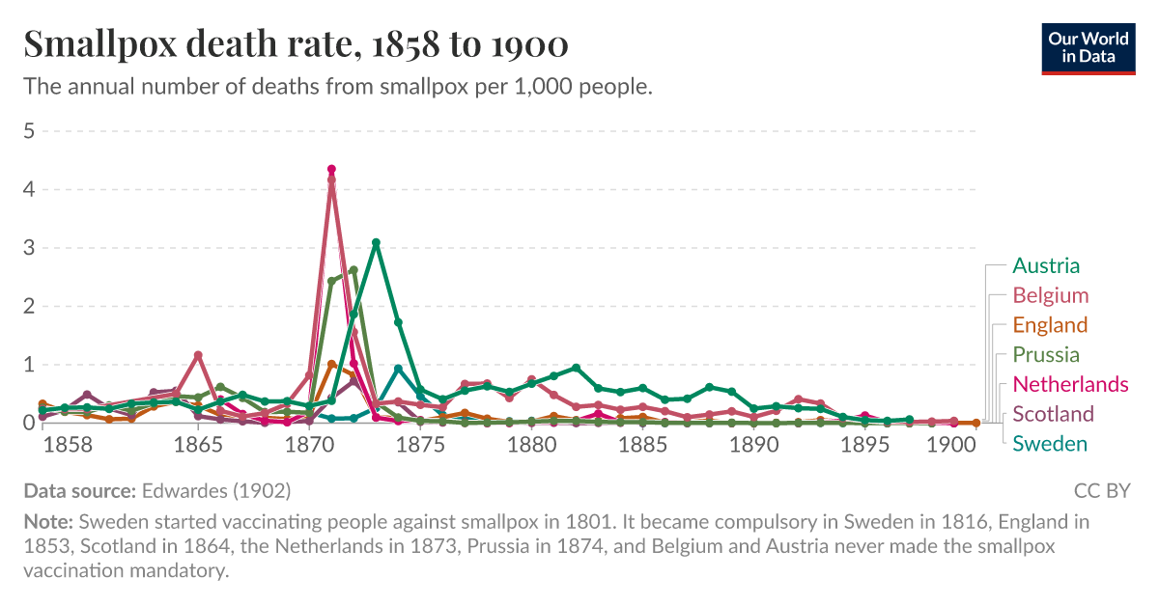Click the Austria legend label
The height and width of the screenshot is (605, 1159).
[x=1046, y=265]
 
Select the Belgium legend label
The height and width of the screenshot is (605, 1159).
[x=1050, y=295]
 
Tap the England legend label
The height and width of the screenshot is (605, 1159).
[x=1050, y=325]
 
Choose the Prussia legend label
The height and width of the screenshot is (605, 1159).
[x=1046, y=354]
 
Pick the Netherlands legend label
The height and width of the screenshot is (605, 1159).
[x=1070, y=384]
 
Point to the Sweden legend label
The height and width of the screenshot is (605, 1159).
[x=1050, y=444]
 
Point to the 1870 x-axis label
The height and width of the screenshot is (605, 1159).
[x=309, y=446]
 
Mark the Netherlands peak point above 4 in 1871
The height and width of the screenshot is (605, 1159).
[x=331, y=169]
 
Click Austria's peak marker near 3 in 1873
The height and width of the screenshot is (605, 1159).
[x=376, y=243]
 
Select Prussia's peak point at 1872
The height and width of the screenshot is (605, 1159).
[x=353, y=270]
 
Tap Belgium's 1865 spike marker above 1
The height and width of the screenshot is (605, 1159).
[x=198, y=355]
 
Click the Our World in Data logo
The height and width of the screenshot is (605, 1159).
[x=1088, y=46]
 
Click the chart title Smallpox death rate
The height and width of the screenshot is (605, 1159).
[x=296, y=43]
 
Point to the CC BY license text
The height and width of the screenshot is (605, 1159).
[x=1101, y=491]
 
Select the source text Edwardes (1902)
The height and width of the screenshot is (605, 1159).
[x=215, y=491]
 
